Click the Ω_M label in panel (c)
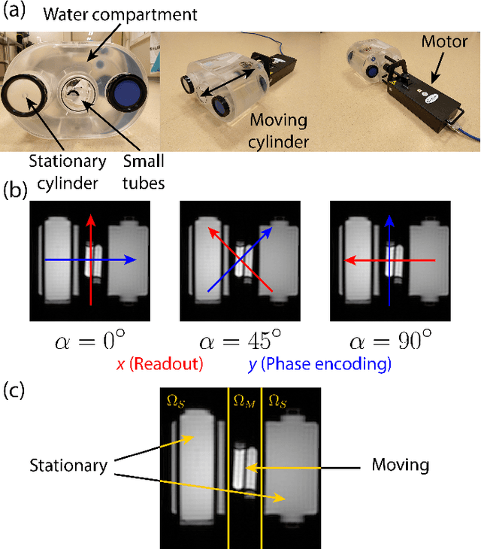pos(244,399)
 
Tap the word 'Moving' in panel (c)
pos(400,465)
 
